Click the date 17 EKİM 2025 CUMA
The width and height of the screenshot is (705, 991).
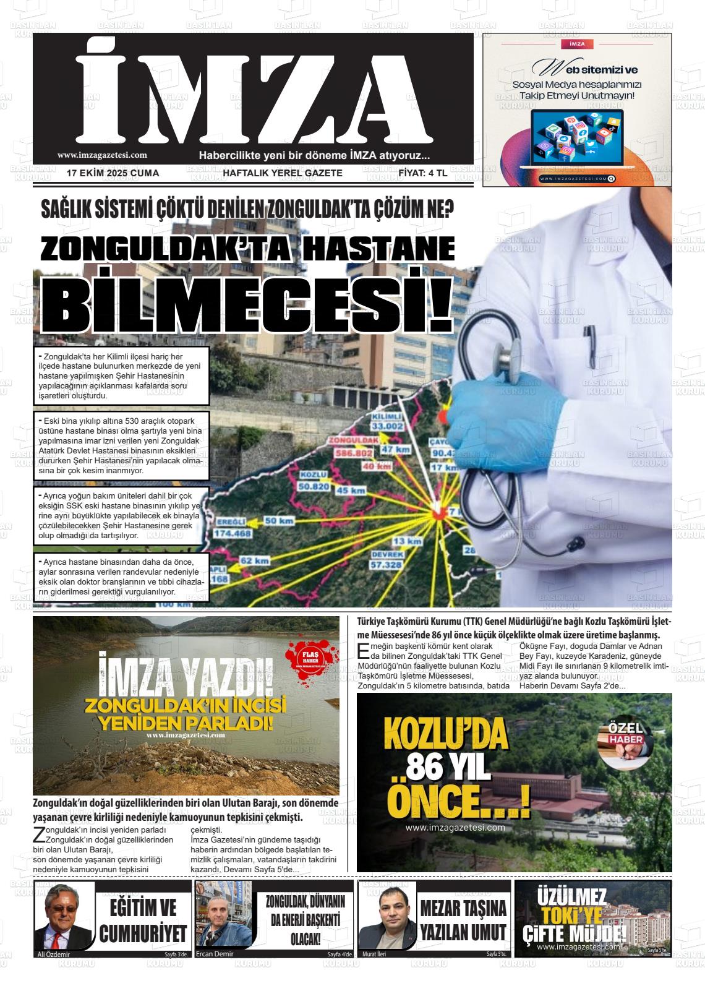[113, 173]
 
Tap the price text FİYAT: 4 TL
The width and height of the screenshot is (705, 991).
[422, 173]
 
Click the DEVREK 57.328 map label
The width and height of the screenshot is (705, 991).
[387, 560]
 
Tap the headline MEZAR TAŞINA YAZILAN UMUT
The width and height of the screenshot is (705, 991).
[463, 919]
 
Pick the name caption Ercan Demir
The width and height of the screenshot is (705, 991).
[215, 953]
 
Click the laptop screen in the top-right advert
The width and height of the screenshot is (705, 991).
[577, 137]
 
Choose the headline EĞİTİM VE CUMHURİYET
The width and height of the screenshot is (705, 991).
[143, 920]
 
